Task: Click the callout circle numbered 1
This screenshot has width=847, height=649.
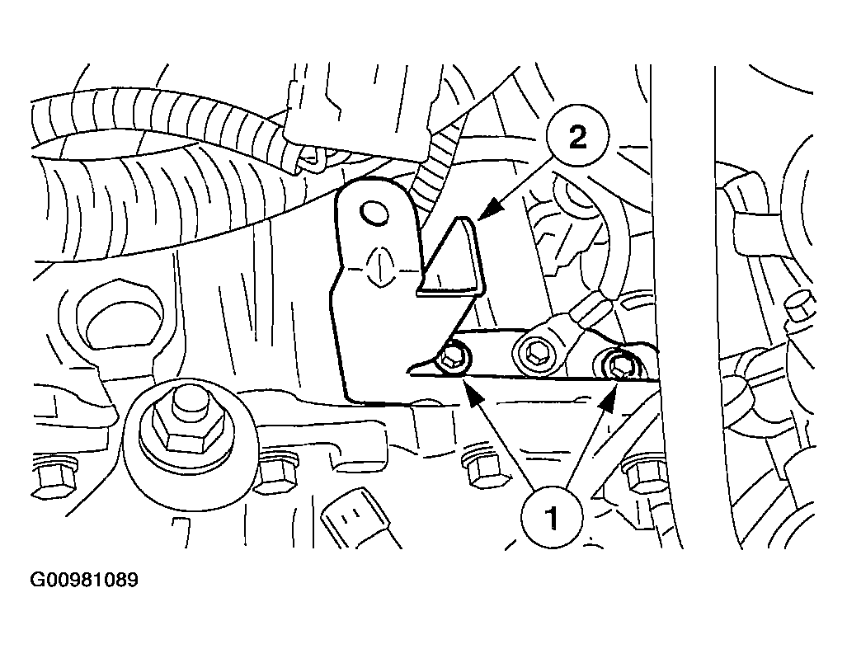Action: [x=552, y=517]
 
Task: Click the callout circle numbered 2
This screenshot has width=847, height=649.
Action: [x=577, y=137]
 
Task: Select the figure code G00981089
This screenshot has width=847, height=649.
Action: [x=84, y=580]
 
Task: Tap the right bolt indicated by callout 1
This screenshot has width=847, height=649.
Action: [x=620, y=365]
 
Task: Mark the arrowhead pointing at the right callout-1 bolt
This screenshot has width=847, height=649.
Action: [x=609, y=401]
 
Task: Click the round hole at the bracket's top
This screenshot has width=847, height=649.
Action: [x=374, y=213]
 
